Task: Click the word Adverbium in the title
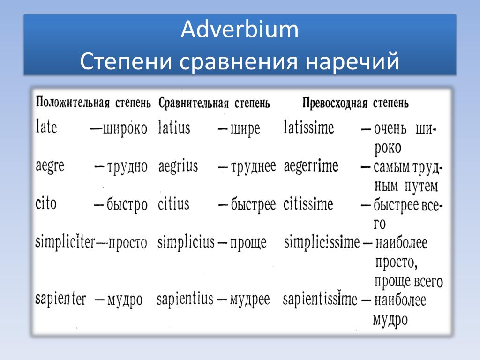coord(240,30)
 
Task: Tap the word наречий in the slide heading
coord(352,61)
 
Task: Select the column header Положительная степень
coord(93,102)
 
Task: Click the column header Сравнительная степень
coord(214,103)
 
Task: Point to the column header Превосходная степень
coord(355,103)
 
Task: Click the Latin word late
coord(46,126)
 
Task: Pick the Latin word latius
coord(174,127)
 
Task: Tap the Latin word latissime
coord(308,127)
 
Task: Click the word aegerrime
coord(311,167)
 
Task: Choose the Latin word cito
coord(46,203)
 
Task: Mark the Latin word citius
coord(173,204)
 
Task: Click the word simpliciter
coord(66,242)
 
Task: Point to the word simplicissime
coord(322,242)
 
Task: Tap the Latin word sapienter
coord(60,299)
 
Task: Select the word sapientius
coord(185,299)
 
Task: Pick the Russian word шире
coord(245,128)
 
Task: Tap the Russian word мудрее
coord(250,300)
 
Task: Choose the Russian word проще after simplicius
coord(248,243)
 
